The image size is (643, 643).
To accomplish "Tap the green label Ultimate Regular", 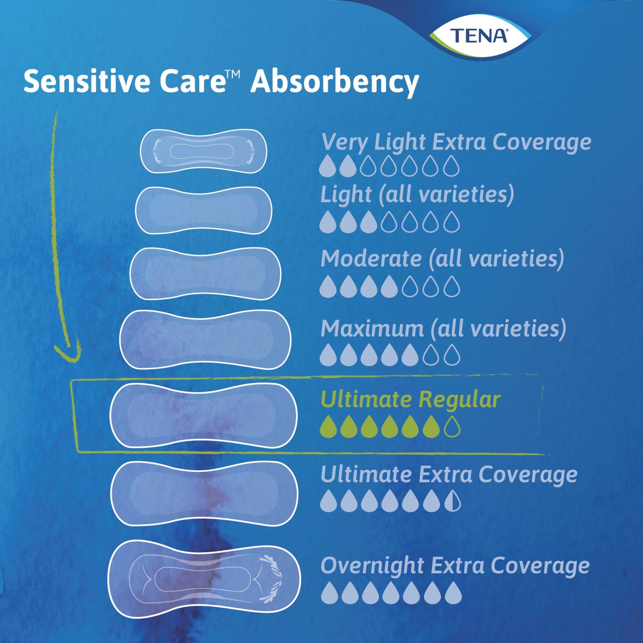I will coord(410,400).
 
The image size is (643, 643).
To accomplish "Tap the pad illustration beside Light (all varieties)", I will coord(203,210).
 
